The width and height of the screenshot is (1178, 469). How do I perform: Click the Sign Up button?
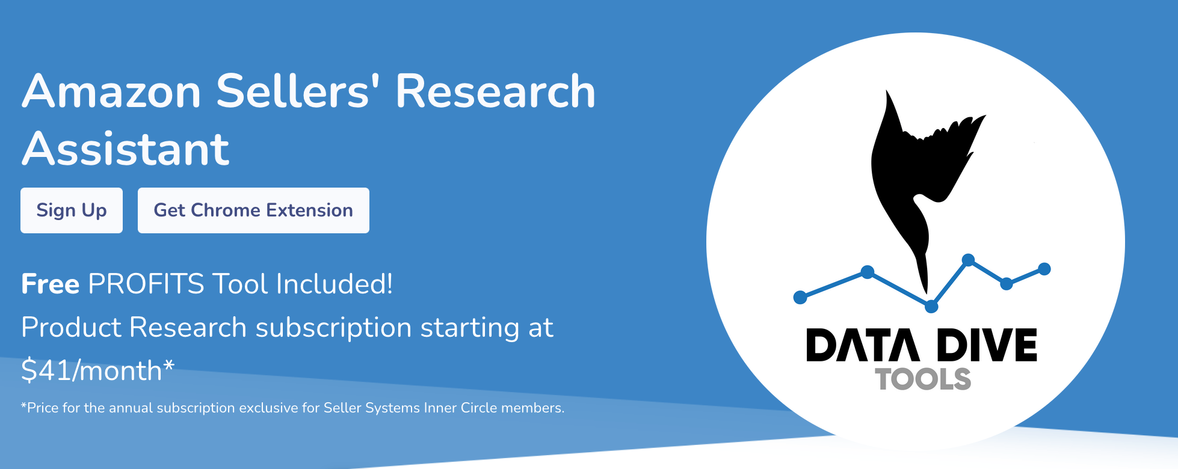(72, 210)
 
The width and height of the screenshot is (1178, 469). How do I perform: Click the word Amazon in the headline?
(111, 91)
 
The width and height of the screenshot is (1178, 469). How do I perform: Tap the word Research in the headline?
(495, 91)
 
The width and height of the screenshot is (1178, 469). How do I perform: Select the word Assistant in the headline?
(126, 149)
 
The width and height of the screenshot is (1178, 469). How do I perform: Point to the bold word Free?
(50, 284)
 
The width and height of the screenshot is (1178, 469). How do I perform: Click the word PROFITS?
(146, 284)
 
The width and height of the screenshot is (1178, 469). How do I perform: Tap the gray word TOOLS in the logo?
(923, 379)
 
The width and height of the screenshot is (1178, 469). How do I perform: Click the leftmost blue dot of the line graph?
(800, 297)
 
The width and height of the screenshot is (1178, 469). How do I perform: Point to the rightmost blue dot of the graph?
(1044, 269)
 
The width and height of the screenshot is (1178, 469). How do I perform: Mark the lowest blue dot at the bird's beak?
(931, 307)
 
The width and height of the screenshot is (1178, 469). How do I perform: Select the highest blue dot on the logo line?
(968, 260)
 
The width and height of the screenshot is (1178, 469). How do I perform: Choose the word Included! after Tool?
(335, 284)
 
